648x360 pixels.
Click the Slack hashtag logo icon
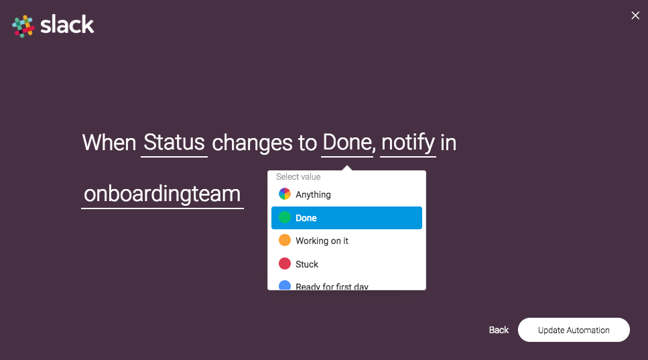[x=23, y=26]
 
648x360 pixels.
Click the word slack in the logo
[x=67, y=25]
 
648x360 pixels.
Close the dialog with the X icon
[x=635, y=15]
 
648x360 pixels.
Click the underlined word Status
[x=174, y=143]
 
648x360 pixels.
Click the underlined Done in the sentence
[x=347, y=143]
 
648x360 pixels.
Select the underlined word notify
[x=408, y=143]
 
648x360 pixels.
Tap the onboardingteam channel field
[x=162, y=194]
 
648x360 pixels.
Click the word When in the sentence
[x=109, y=143]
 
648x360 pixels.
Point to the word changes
[x=252, y=143]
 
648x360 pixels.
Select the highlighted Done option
[x=346, y=218]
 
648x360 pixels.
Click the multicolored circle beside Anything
[x=285, y=194]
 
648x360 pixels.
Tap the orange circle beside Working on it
[x=285, y=240]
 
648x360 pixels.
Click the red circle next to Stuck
[x=285, y=263]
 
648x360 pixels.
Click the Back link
[x=499, y=331]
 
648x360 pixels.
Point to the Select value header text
[x=298, y=177]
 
